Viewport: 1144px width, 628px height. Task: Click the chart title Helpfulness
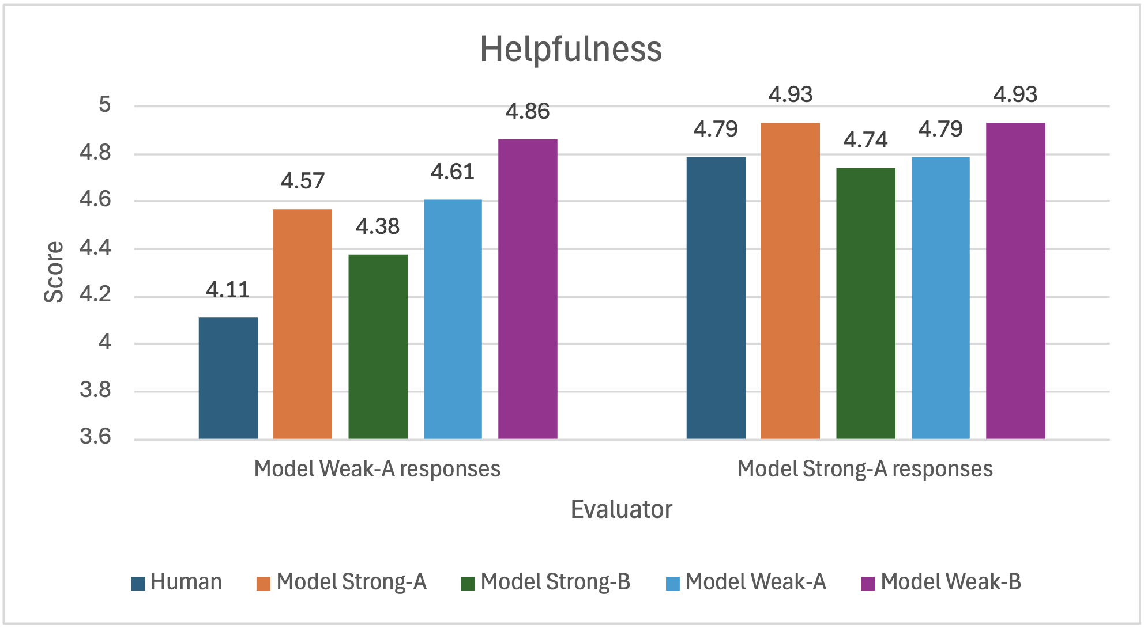click(571, 49)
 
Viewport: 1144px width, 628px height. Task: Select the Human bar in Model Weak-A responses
click(228, 378)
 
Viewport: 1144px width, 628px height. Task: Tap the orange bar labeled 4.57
click(302, 324)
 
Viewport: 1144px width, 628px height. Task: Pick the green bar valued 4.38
click(378, 346)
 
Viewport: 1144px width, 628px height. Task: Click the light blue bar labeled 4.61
click(453, 319)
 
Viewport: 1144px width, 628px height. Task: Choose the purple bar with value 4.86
click(528, 289)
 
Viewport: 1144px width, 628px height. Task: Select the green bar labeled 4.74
click(865, 304)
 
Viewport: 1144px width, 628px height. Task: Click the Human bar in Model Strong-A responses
click(716, 298)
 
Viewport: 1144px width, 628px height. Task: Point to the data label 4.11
click(228, 290)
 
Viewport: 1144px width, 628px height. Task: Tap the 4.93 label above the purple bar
click(1015, 94)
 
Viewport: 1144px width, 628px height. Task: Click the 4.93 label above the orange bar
click(790, 94)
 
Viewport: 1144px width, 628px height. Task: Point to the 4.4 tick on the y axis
click(95, 248)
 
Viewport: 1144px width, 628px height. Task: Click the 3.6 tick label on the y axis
click(95, 437)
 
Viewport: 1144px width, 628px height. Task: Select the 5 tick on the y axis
click(104, 105)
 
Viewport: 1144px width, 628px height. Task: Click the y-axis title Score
click(54, 272)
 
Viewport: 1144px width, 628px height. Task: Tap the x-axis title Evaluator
click(621, 509)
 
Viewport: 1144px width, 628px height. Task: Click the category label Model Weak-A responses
click(377, 469)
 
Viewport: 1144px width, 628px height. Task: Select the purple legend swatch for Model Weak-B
click(868, 584)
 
